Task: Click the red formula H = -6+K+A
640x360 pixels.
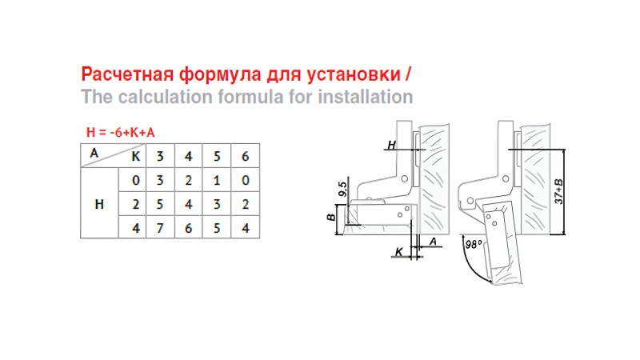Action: (121, 132)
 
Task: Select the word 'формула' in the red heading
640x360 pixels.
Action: (220, 75)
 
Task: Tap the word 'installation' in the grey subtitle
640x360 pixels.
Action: (366, 97)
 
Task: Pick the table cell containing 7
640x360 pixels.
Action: (160, 228)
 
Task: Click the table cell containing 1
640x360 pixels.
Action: (217, 180)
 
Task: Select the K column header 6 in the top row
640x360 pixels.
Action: (246, 156)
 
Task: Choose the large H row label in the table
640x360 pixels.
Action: (99, 204)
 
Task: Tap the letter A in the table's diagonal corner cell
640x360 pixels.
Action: (94, 153)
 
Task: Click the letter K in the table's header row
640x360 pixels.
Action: (135, 156)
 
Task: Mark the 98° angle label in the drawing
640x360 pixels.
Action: (474, 245)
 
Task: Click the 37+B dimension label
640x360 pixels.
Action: (559, 191)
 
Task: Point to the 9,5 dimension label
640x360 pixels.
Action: (343, 189)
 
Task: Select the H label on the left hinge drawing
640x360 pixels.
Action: (391, 145)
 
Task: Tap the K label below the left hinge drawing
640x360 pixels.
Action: (399, 252)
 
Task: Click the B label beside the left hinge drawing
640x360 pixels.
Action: (331, 217)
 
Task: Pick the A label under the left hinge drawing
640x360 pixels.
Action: (433, 242)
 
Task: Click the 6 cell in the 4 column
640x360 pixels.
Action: (188, 228)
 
